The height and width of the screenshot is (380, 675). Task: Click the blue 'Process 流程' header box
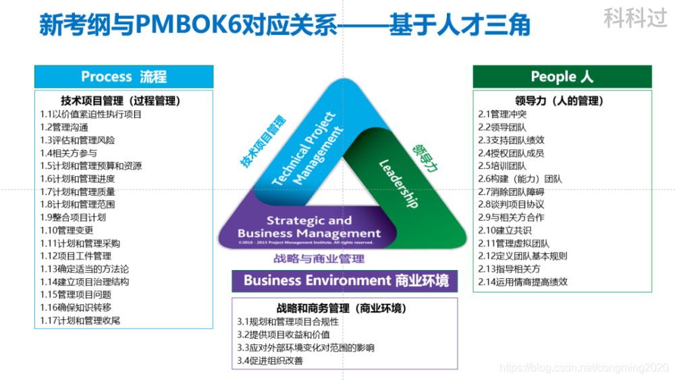[124, 76]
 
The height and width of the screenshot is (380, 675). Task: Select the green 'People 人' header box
[562, 76]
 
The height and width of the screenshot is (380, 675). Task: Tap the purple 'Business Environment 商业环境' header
[346, 280]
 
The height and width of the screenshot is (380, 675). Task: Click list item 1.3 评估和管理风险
[78, 140]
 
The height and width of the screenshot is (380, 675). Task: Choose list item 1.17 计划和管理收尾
[80, 321]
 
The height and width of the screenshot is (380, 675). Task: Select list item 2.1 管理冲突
[502, 114]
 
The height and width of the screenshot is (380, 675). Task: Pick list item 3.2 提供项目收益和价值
[283, 335]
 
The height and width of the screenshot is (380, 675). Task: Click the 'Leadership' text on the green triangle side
[398, 183]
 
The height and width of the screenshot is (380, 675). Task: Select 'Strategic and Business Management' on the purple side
[309, 227]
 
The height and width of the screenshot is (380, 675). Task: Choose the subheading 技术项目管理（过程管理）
[121, 101]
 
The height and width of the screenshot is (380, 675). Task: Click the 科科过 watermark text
[635, 18]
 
